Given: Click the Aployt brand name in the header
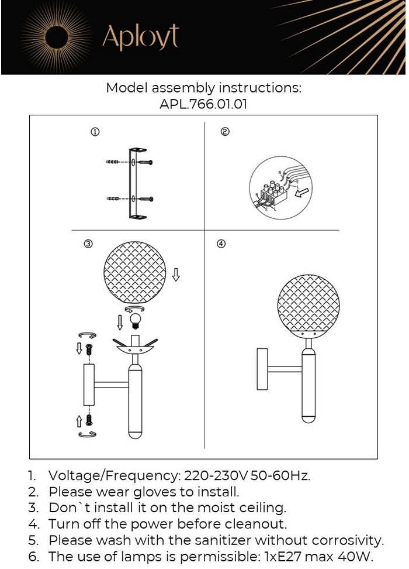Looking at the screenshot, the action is pyautogui.click(x=140, y=37).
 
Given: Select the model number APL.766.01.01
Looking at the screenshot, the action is pyautogui.click(x=203, y=104).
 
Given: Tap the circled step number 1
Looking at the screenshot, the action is pyautogui.click(x=95, y=132).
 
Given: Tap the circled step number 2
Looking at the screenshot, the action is pyautogui.click(x=225, y=132).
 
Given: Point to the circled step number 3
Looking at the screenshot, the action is pyautogui.click(x=88, y=244).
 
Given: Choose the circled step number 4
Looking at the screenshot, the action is pyautogui.click(x=221, y=244).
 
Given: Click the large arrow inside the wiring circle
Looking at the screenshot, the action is pyautogui.click(x=301, y=193).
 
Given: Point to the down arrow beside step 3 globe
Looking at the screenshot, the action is pyautogui.click(x=176, y=275).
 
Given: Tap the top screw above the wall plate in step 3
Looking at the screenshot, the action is pyautogui.click(x=89, y=350).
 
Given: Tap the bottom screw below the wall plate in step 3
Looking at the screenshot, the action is pyautogui.click(x=89, y=420).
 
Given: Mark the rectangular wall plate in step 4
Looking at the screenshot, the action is pyautogui.click(x=262, y=369).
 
